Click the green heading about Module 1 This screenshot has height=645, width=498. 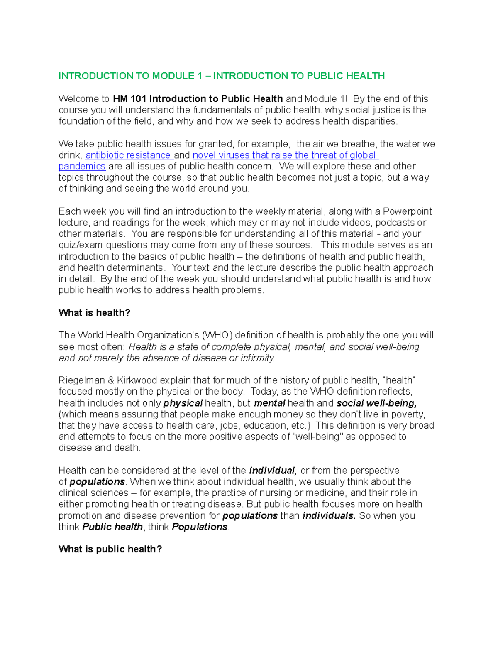coord(221,76)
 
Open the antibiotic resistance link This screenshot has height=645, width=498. coord(128,155)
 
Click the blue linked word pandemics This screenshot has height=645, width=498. coord(82,167)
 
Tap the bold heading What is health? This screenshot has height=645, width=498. coord(94,313)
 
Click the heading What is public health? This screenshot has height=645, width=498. coord(110,549)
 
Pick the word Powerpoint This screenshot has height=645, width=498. coord(407,211)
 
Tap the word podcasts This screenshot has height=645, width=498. coord(395,223)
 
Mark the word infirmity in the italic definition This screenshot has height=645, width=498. coord(257,358)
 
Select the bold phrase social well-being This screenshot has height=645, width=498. coord(376,403)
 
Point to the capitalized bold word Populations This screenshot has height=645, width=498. coord(200,527)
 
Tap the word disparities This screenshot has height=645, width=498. coord(374,121)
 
